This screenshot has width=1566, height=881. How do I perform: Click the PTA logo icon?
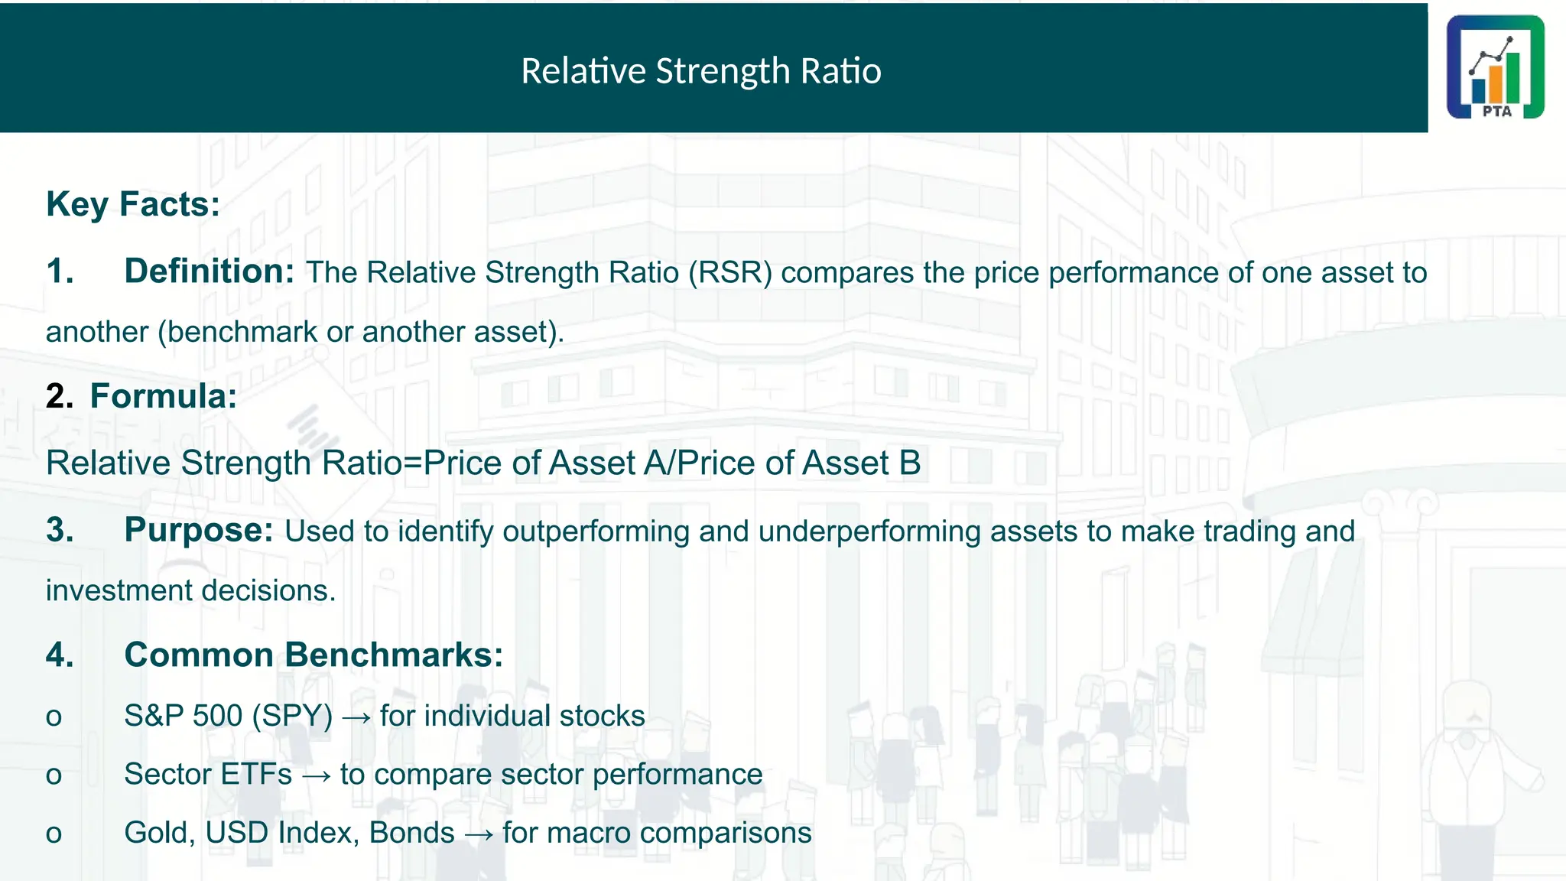click(x=1495, y=67)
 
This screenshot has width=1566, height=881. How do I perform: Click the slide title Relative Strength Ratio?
click(x=700, y=71)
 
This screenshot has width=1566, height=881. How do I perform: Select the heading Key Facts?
click(x=133, y=204)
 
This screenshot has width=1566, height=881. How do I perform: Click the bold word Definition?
click(x=209, y=271)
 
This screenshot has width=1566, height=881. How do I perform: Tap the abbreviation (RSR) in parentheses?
click(x=730, y=273)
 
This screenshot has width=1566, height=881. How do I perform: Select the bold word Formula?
click(x=163, y=396)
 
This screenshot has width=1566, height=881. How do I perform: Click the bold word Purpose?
click(x=198, y=530)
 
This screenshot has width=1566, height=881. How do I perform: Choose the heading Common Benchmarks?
click(x=314, y=655)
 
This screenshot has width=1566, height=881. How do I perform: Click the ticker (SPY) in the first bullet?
click(x=292, y=717)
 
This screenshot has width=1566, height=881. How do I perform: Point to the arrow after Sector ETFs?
click(x=316, y=775)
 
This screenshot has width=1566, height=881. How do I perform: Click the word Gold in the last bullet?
click(x=155, y=833)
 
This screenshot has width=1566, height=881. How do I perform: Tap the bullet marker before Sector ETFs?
click(x=54, y=775)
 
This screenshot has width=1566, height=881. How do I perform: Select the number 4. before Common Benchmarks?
click(x=60, y=655)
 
